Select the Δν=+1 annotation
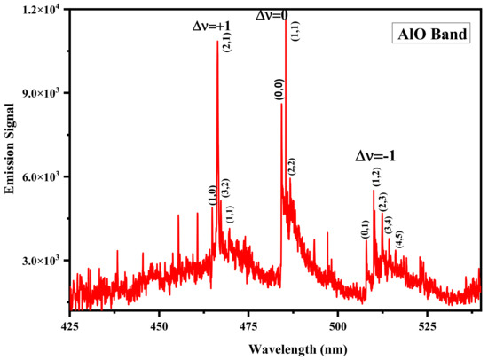tap(213, 27)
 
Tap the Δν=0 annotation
tap(277, 15)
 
